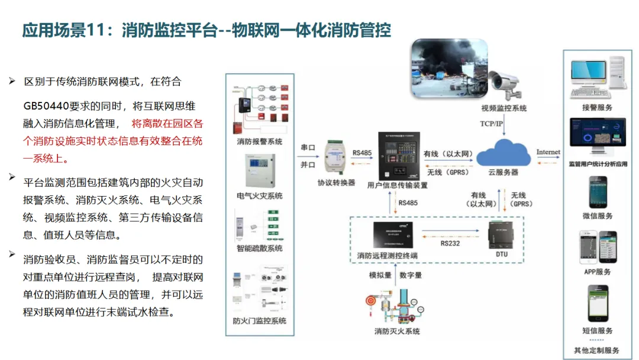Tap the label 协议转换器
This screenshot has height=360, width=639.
[x=336, y=183]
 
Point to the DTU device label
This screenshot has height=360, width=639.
[x=501, y=255]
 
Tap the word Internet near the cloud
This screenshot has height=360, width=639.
[x=548, y=152]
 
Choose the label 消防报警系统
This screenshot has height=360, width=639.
[x=259, y=142]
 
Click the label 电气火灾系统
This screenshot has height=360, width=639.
[x=259, y=196]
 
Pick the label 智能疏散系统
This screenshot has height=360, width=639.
[x=259, y=248]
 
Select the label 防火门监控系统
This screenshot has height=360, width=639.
[x=259, y=321]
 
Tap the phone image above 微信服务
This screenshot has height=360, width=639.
[x=597, y=192]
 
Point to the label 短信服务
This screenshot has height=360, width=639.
[x=597, y=331]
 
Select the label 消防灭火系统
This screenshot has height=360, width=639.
[x=397, y=331]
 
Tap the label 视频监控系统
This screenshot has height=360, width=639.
[x=504, y=108]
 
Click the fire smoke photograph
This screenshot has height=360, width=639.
[x=450, y=69]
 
